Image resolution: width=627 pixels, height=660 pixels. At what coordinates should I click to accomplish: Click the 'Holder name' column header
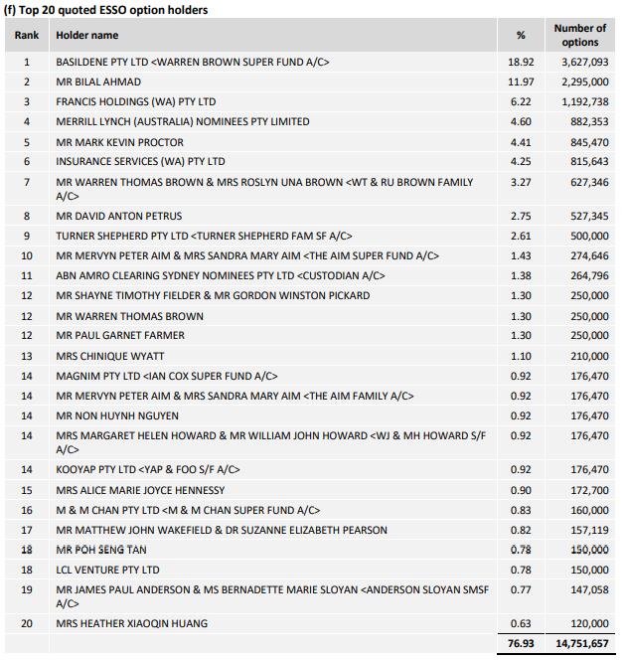86,35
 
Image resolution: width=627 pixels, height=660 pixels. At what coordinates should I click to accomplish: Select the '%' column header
521,35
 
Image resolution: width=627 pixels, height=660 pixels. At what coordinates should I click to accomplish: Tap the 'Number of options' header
579,35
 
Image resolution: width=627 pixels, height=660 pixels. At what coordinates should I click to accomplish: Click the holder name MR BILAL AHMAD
98,82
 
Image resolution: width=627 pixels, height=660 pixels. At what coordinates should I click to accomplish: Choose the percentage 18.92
521,62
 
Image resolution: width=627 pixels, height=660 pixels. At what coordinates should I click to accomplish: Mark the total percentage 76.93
521,644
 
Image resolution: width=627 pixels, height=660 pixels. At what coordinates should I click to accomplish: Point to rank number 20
27,623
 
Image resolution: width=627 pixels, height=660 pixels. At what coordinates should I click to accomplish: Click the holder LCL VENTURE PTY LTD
107,570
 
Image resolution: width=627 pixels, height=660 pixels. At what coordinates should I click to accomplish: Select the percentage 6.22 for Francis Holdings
521,101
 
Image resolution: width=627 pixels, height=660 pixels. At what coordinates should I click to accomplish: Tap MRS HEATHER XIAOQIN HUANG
132,623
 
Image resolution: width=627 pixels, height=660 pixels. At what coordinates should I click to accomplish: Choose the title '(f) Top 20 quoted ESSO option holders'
106,9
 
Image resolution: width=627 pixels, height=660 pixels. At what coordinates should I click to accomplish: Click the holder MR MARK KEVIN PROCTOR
119,142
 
